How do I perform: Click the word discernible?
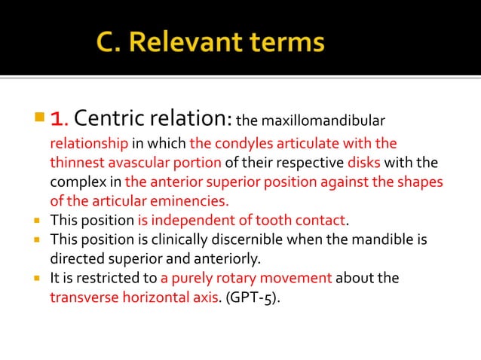click(x=227, y=240)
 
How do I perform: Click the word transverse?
click(x=81, y=297)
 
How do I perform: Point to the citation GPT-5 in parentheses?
click(x=253, y=298)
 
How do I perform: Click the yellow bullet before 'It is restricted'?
click(x=37, y=278)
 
